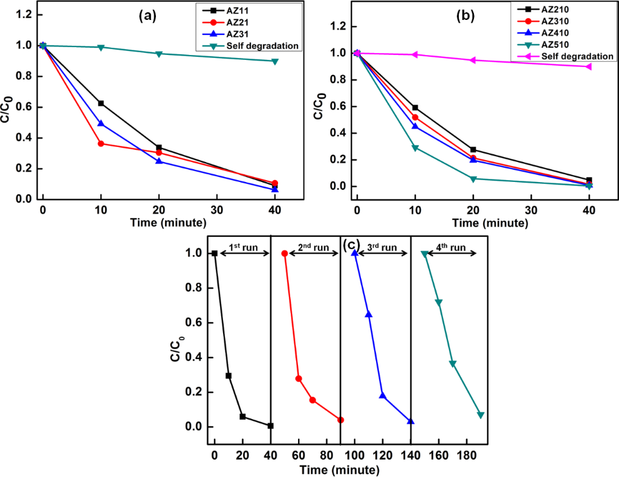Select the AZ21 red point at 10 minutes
coord(101,144)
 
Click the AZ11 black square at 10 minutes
coord(101,103)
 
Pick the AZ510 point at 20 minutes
coord(473,178)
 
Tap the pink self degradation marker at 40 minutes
coord(589,67)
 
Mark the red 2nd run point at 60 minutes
coord(299,378)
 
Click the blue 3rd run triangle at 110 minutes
coord(368,314)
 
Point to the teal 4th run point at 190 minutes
coord(481,415)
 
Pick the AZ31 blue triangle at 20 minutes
coord(158,161)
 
